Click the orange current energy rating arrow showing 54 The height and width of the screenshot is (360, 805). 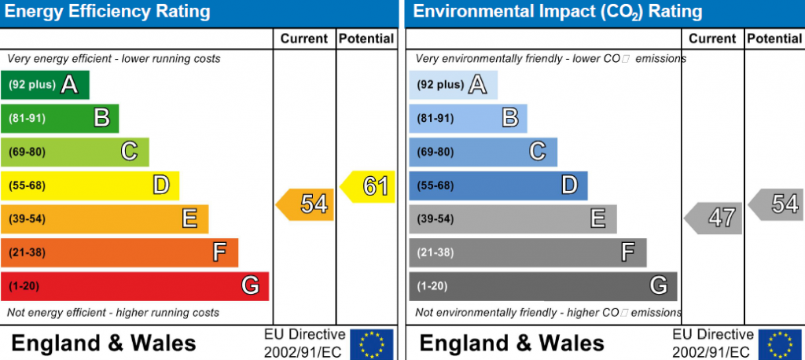click(x=305, y=204)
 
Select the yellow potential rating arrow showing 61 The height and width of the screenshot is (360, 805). click(x=369, y=187)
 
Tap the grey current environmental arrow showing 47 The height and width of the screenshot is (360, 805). click(x=714, y=218)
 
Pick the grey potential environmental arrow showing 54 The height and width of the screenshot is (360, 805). click(x=777, y=204)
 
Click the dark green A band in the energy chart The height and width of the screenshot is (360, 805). click(x=45, y=85)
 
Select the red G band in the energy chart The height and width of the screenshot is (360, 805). click(x=134, y=286)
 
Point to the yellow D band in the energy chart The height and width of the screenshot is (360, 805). click(x=90, y=186)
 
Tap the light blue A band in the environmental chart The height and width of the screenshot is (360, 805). click(x=453, y=85)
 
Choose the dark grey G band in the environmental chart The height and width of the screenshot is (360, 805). click(x=542, y=286)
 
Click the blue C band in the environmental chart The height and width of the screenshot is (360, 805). click(x=483, y=152)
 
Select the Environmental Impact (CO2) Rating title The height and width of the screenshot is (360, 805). click(x=557, y=12)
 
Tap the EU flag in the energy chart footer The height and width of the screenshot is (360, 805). click(x=371, y=344)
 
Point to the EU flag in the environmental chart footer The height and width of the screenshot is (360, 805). click(x=779, y=344)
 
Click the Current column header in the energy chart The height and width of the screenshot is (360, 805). click(x=303, y=39)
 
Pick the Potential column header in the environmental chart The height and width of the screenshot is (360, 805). click(x=774, y=39)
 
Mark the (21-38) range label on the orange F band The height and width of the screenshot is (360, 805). click(x=28, y=253)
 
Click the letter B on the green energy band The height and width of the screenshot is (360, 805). click(x=101, y=118)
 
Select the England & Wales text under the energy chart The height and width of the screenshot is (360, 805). click(x=104, y=343)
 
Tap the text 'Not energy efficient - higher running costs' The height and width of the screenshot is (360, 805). click(x=113, y=313)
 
